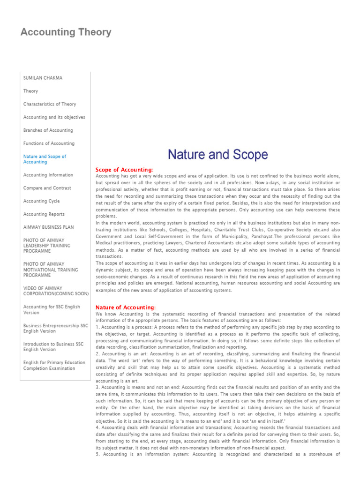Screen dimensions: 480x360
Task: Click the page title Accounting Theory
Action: [x=66, y=32]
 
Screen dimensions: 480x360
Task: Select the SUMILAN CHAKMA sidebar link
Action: [x=43, y=78]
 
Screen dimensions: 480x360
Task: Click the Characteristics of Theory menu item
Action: [x=50, y=104]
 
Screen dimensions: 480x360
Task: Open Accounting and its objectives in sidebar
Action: [x=54, y=117]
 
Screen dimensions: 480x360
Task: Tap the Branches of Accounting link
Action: [x=48, y=130]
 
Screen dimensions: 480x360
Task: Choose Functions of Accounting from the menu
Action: [x=49, y=143]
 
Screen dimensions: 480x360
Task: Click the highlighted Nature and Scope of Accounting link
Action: [x=45, y=159]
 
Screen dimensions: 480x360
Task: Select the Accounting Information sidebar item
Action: [x=48, y=175]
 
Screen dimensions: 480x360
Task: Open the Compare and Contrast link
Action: [x=47, y=188]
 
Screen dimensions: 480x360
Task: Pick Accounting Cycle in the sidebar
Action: [x=42, y=201]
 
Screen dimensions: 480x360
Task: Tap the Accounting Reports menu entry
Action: [x=44, y=214]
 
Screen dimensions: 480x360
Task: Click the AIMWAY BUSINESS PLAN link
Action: [x=49, y=227]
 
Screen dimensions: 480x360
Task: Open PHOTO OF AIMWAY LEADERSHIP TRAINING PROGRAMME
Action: [x=47, y=246]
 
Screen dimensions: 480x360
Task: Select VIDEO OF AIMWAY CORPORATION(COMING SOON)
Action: [x=56, y=291]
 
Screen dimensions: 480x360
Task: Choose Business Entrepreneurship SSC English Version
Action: [x=55, y=328]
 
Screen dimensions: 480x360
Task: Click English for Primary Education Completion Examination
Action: [x=54, y=365]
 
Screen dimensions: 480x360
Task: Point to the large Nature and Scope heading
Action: [x=218, y=155]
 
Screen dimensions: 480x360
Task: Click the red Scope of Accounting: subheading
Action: [x=124, y=169]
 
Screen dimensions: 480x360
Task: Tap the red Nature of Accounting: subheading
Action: [x=126, y=307]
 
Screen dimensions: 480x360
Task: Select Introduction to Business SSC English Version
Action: [x=53, y=346]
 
